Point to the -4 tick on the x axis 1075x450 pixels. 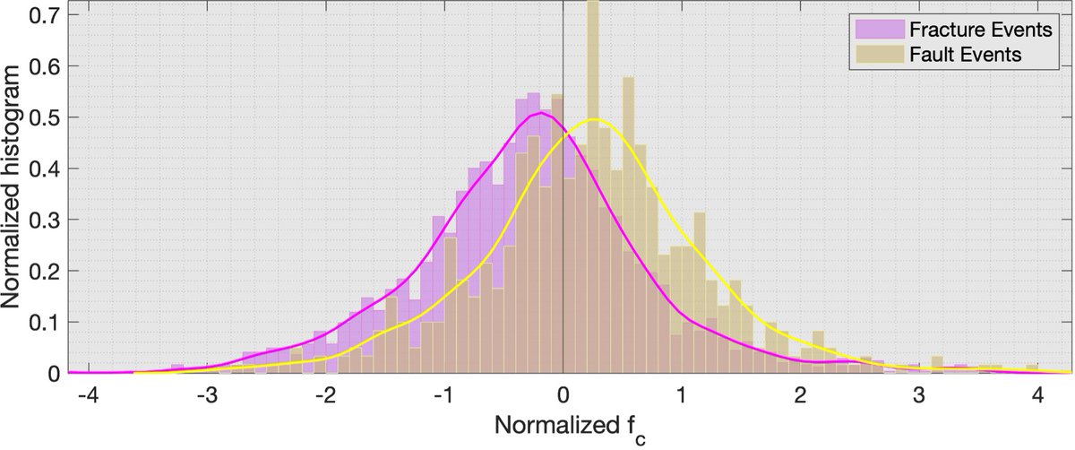[x=87, y=395]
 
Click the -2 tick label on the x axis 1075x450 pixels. [x=323, y=395]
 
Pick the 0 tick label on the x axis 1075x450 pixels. [x=563, y=395]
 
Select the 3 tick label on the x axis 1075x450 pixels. [x=919, y=395]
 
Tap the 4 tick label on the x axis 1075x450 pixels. [x=1037, y=395]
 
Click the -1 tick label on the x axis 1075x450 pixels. [x=443, y=395]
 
